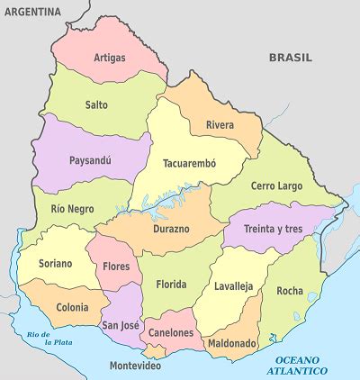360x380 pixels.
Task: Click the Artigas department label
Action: point(109,58)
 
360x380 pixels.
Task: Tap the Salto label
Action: point(96,104)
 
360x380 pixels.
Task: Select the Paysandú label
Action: point(91,161)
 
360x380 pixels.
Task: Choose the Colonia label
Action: point(72,307)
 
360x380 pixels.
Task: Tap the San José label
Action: point(120,325)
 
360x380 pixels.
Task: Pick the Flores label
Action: point(116,267)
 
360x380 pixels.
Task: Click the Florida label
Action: point(171,285)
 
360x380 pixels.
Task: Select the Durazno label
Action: point(171,229)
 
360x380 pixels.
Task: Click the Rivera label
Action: point(220,124)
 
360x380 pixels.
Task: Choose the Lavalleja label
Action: point(234,287)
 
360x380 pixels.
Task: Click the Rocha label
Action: point(290,291)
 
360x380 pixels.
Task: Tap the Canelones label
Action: point(171,333)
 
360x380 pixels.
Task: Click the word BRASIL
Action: point(291,57)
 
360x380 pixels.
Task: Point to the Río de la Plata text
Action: point(49,339)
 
